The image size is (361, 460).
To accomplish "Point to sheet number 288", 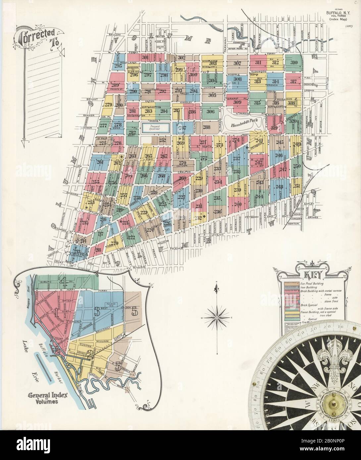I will pyautogui.click(x=206, y=127).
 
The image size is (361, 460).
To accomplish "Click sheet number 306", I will pyautogui.click(x=211, y=111).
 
